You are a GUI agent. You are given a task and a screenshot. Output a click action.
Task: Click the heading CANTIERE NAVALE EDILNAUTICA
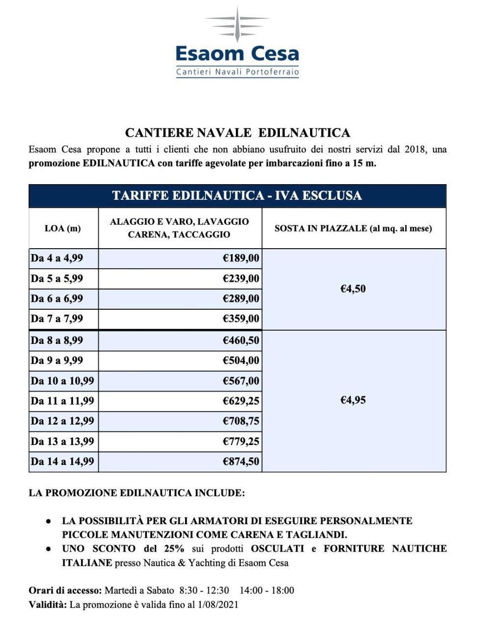tap(237, 133)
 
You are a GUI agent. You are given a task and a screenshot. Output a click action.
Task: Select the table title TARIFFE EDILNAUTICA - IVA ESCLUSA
tap(237, 196)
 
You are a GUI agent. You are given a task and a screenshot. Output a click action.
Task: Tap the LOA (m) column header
tap(63, 228)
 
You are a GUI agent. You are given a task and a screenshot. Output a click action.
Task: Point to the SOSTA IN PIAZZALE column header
tap(354, 228)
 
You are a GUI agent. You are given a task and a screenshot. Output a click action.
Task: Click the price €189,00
tap(241, 258)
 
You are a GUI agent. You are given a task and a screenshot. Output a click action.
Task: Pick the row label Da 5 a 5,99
tap(57, 278)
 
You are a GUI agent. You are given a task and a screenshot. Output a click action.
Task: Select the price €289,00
tap(241, 298)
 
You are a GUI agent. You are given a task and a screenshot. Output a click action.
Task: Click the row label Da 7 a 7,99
tap(57, 319)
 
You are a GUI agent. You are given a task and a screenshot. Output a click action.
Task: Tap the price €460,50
tap(241, 340)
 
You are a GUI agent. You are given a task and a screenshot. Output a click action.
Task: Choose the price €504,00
tap(241, 361)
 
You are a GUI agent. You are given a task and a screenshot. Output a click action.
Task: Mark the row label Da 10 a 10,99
tap(62, 381)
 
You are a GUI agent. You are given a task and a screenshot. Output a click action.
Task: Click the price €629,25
tap(241, 401)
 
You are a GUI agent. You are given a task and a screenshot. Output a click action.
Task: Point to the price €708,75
tap(241, 421)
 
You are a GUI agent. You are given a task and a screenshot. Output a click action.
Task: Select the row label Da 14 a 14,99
tap(62, 461)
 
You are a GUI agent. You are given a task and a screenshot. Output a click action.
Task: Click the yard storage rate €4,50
tap(353, 289)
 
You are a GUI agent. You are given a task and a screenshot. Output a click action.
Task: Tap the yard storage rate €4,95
tap(353, 401)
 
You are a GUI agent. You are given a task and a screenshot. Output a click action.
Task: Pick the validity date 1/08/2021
tap(218, 605)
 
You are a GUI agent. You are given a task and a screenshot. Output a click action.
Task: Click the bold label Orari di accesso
tap(65, 590)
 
